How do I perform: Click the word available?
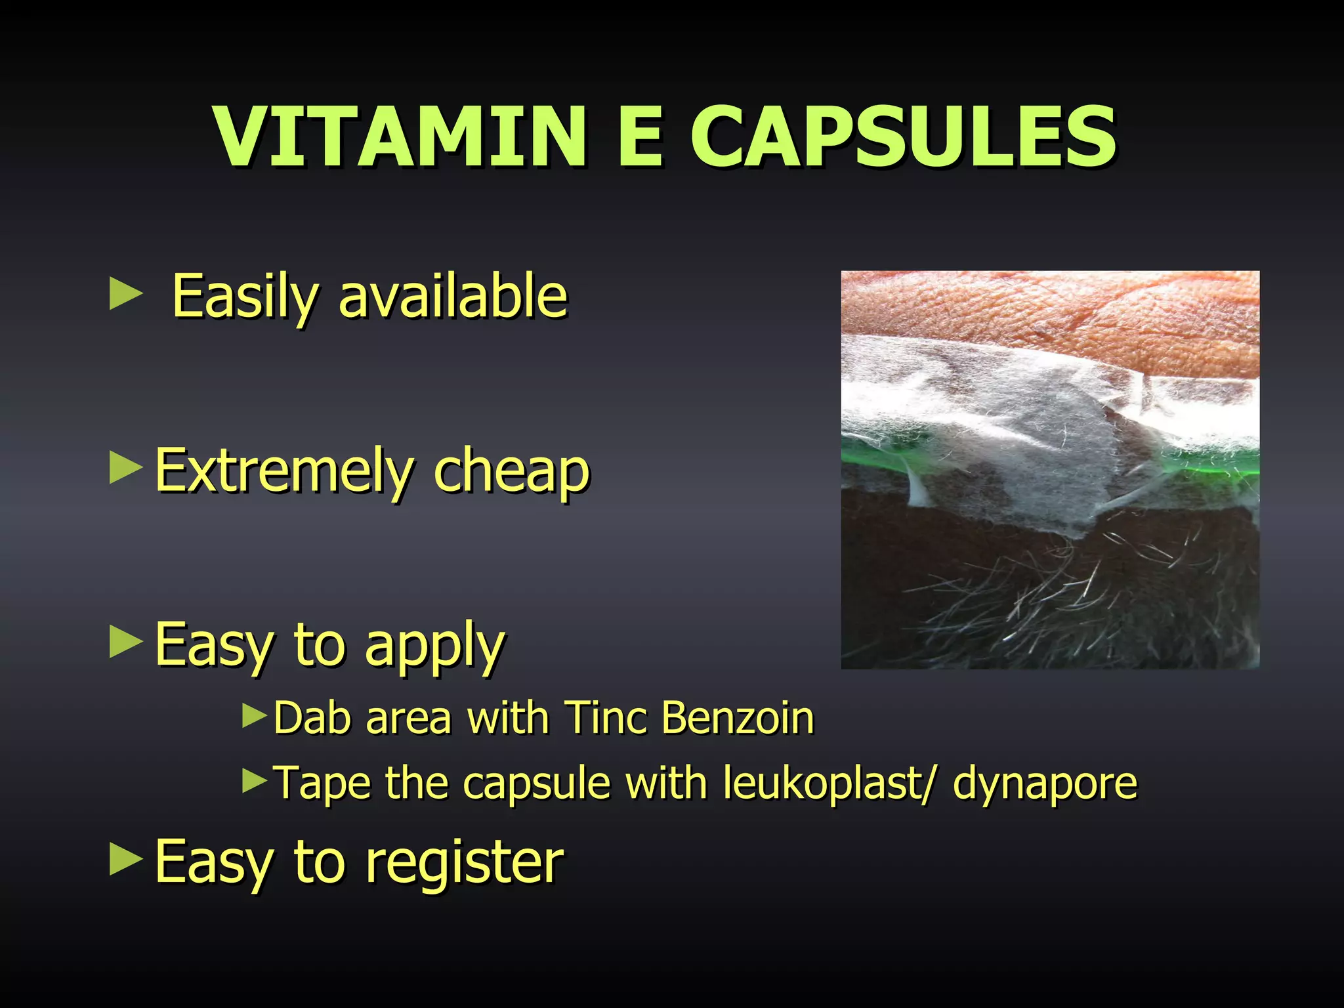tap(453, 297)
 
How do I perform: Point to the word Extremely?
tap(283, 471)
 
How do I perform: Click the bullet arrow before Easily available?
tap(125, 293)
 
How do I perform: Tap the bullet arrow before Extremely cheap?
tap(125, 467)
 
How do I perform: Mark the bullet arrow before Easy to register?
tap(125, 859)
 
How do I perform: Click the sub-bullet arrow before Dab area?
tap(255, 716)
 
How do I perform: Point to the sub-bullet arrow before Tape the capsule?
tap(255, 781)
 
